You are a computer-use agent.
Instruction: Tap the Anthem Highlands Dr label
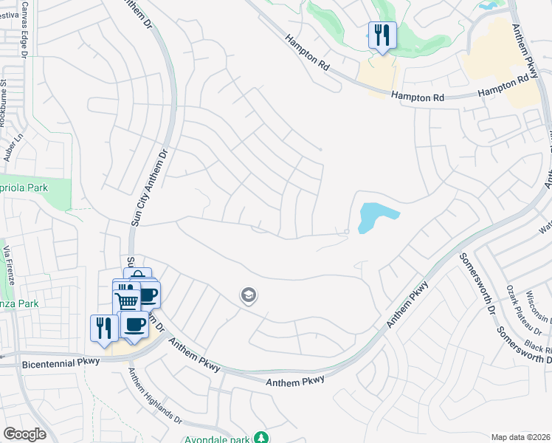(156, 396)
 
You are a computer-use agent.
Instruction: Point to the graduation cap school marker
(249, 296)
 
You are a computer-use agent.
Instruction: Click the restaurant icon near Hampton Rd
(382, 35)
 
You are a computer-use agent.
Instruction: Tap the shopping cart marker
(126, 300)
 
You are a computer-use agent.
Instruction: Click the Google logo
(24, 434)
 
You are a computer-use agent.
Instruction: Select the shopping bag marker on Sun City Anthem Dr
(138, 275)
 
